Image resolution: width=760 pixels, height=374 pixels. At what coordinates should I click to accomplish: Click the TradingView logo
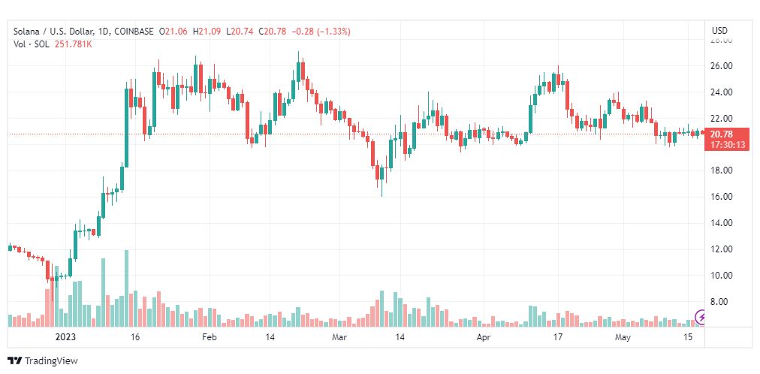(x=43, y=361)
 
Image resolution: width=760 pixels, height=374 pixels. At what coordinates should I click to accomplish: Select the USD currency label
(x=719, y=31)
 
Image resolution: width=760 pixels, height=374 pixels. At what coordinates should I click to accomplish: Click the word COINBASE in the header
(x=134, y=32)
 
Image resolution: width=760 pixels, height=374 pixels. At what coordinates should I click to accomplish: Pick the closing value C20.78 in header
(x=273, y=32)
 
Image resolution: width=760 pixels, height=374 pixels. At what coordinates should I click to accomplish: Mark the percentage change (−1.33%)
(x=334, y=32)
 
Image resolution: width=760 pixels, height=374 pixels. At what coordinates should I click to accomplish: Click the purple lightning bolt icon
(x=701, y=318)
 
